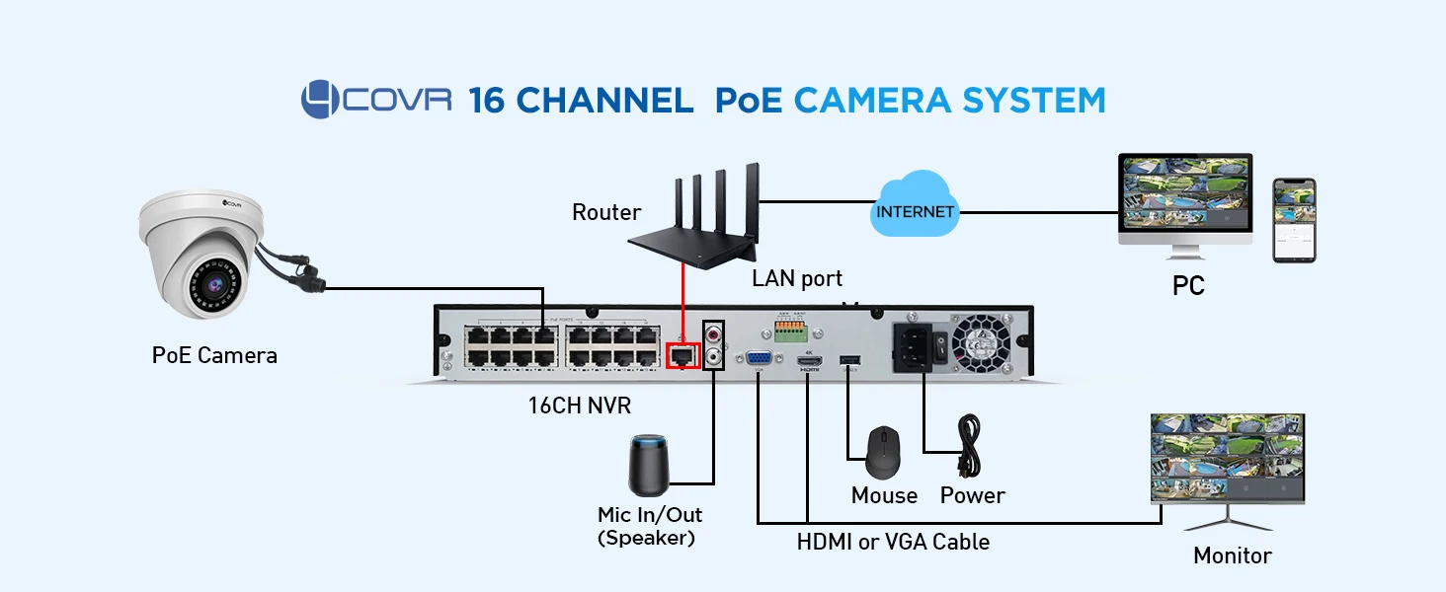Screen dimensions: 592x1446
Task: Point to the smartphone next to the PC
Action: click(1294, 220)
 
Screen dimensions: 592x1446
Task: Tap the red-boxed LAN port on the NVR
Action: click(683, 354)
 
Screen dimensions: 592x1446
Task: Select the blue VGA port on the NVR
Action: click(759, 361)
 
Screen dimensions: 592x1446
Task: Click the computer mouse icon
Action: click(883, 451)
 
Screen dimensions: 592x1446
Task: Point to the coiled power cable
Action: click(969, 446)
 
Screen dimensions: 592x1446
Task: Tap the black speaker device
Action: click(649, 465)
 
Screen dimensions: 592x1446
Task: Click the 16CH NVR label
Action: click(579, 405)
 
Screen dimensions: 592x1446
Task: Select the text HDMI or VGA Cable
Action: click(893, 541)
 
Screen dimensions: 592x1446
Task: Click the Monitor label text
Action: click(1232, 555)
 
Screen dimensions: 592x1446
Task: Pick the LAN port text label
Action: click(797, 278)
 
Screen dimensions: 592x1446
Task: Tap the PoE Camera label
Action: click(214, 355)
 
